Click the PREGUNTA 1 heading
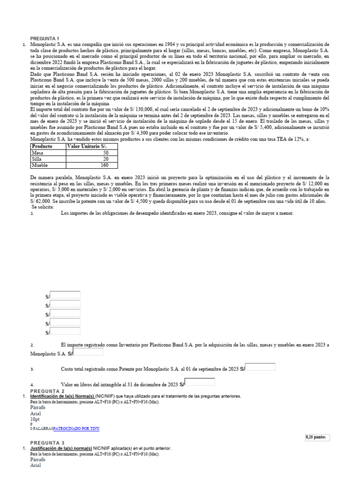[45, 38]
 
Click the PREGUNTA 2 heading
[47, 391]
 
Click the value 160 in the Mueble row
[105, 165]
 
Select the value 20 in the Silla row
[106, 159]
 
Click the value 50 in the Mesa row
[106, 153]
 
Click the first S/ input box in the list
[65, 295]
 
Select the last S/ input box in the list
[65, 332]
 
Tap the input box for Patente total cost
[261, 367]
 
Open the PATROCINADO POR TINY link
[76, 428]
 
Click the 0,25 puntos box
[317, 437]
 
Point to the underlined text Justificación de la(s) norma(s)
[61, 448]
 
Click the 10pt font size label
[35, 419]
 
